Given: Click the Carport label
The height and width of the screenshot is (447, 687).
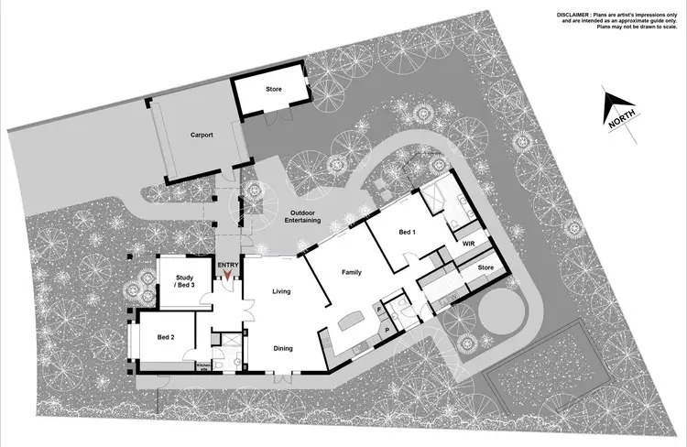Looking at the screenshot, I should coord(202,135).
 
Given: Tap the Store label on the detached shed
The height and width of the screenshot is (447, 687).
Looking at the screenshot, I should coord(274,89).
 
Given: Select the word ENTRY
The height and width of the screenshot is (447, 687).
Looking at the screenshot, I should coord(228,266).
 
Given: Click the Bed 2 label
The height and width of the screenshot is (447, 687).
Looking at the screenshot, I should coord(165,338).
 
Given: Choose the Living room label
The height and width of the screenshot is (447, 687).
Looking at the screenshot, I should coord(281,291).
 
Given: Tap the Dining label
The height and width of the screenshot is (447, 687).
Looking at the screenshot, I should coord(283,347).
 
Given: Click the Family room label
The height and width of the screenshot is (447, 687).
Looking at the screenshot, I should coord(353,273).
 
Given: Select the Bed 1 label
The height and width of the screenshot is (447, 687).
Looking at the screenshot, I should coord(408,233).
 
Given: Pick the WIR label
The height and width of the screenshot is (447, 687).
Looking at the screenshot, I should coord(467,245).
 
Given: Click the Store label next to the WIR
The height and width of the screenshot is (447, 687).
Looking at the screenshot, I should coord(485,267).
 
